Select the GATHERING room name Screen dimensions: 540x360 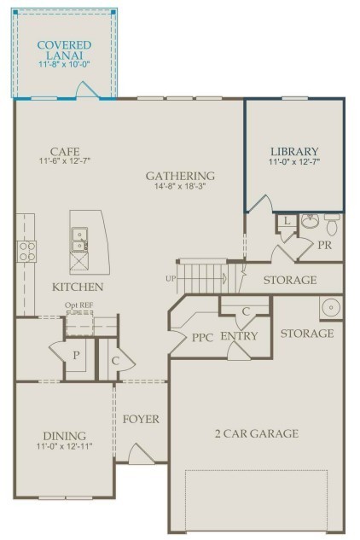point(179,176)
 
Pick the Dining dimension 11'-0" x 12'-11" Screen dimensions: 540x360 point(65,446)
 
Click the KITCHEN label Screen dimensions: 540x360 point(78,287)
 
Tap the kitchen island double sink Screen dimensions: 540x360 point(79,239)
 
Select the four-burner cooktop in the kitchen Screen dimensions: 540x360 point(27,251)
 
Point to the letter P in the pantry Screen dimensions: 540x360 point(75,354)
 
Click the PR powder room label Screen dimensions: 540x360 point(325,244)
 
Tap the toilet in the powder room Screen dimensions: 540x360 point(332,225)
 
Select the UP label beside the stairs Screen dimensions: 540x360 point(170,279)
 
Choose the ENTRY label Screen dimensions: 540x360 point(239,336)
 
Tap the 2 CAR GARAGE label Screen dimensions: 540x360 point(256,433)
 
